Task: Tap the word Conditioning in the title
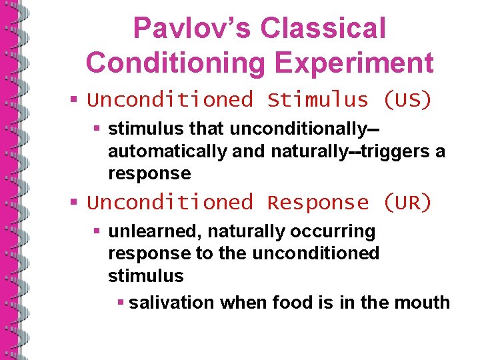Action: point(177,63)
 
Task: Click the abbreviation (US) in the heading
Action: point(407,100)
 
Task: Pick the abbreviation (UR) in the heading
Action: point(407,202)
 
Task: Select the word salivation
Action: point(171,303)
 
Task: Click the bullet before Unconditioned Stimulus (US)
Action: point(76,101)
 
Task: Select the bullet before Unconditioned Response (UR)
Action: point(76,203)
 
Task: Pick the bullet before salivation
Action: point(120,303)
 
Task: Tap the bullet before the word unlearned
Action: point(97,232)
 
